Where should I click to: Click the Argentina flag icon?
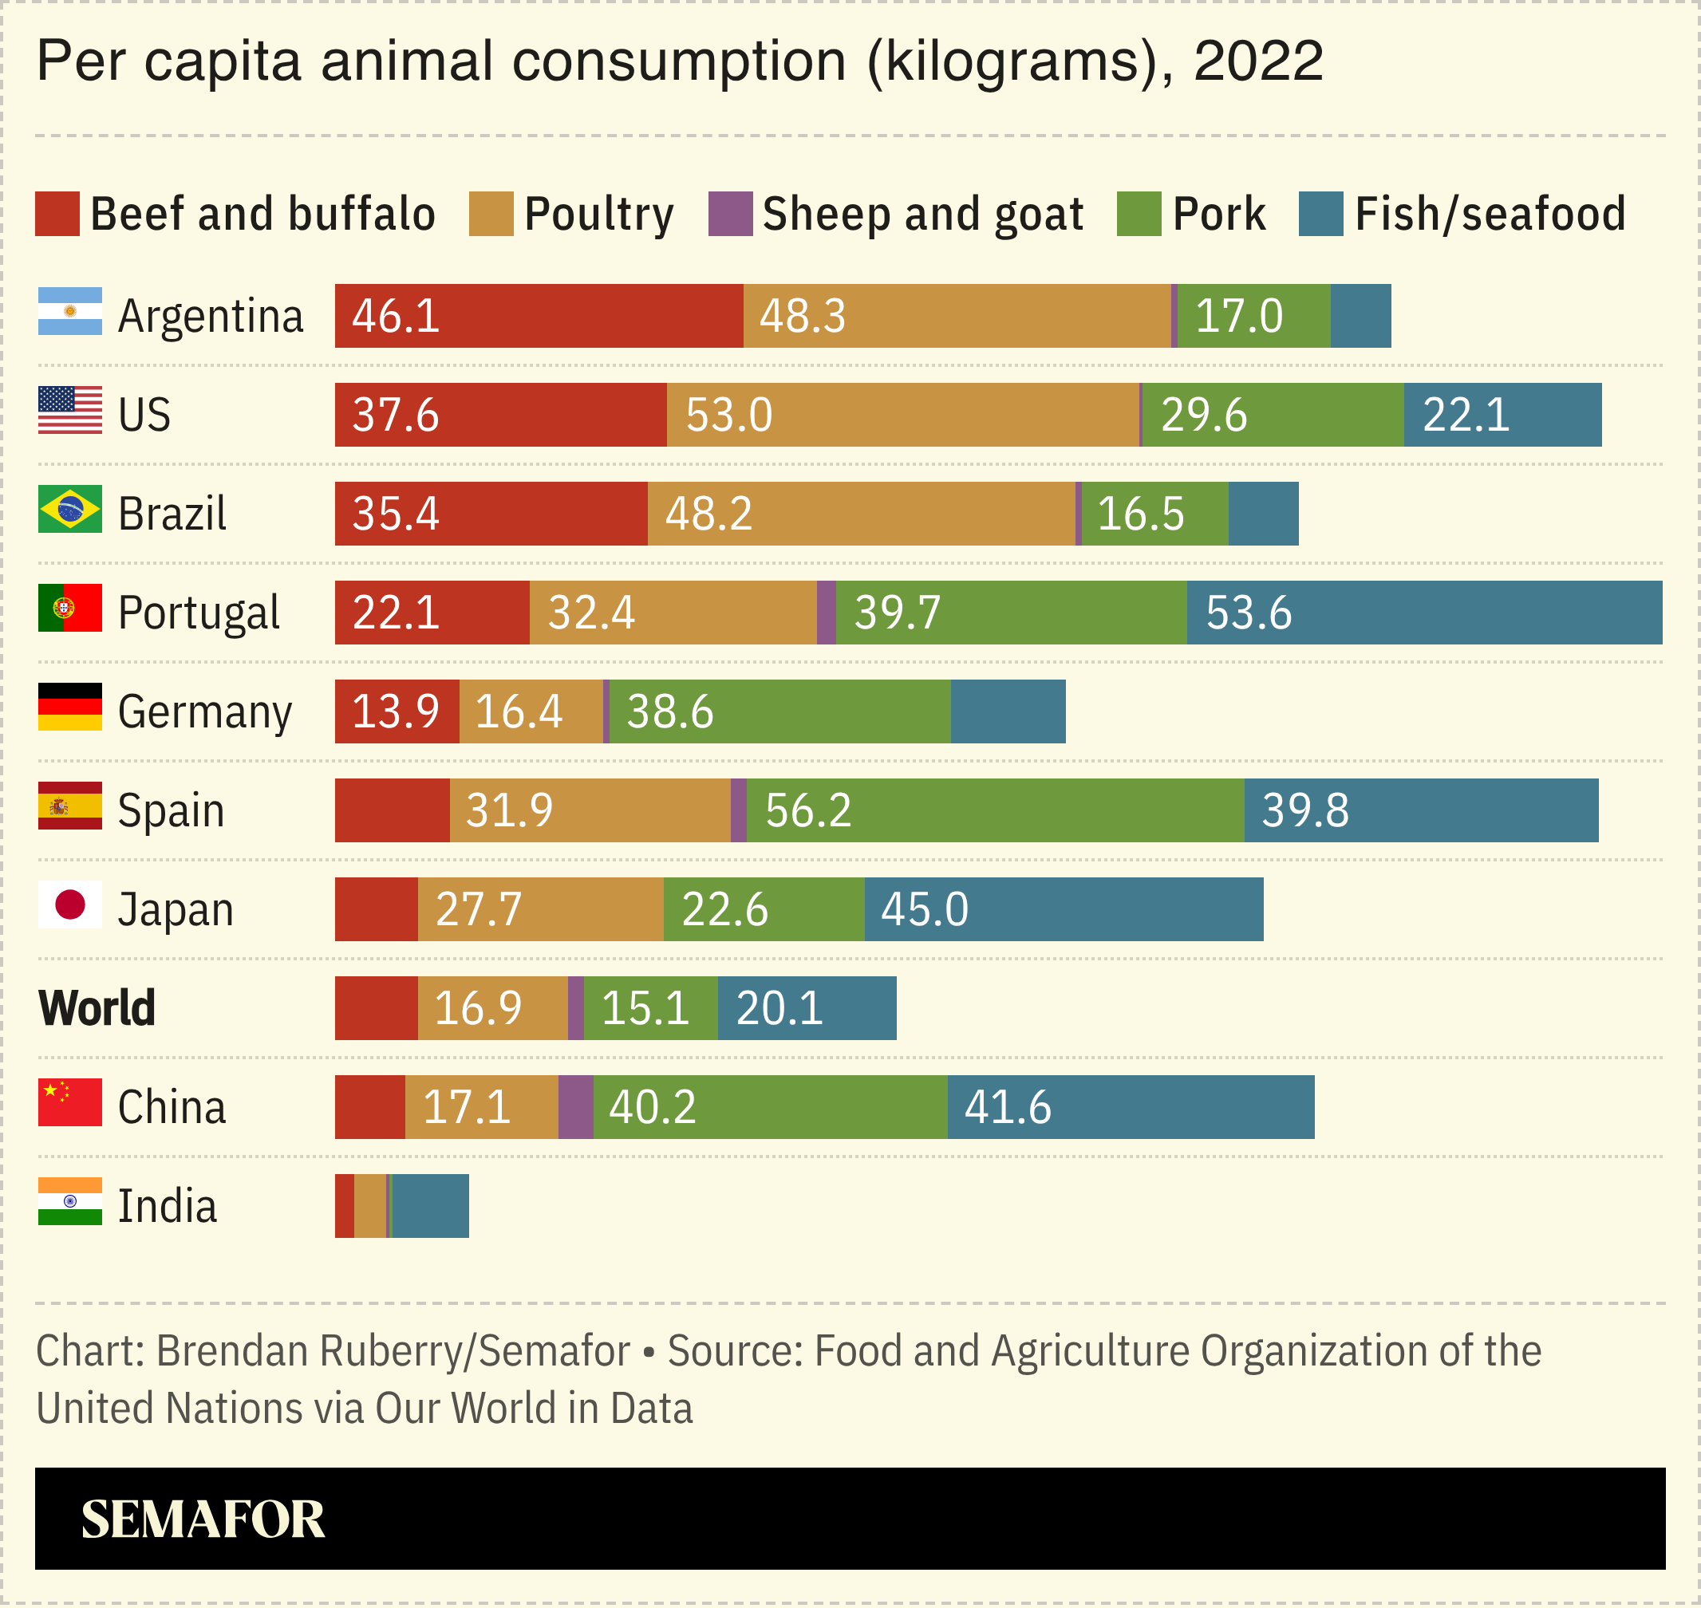click(69, 311)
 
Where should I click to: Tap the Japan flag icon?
click(69, 905)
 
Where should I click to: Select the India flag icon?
click(69, 1201)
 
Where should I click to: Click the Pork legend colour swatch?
click(1139, 214)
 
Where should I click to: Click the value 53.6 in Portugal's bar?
click(1249, 613)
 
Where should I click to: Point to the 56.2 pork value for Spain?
click(807, 810)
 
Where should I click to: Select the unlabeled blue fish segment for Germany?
click(1008, 711)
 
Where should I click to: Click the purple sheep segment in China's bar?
click(575, 1106)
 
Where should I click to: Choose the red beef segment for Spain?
click(392, 810)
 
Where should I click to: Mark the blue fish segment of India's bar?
click(429, 1206)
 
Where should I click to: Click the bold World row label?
click(97, 1008)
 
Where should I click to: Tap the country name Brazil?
click(172, 514)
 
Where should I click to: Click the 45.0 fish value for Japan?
click(924, 909)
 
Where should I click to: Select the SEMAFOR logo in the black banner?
click(203, 1519)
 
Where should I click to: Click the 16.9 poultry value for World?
click(478, 1008)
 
